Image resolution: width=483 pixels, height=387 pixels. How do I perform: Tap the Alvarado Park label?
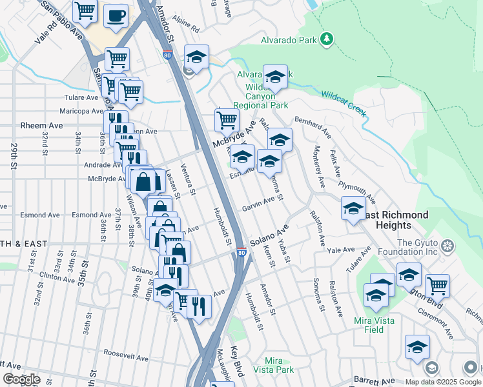click(x=289, y=40)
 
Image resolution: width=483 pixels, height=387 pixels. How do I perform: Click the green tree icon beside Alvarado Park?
click(x=327, y=39)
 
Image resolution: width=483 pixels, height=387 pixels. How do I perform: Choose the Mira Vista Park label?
click(x=280, y=365)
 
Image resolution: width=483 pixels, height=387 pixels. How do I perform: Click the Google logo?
click(x=21, y=379)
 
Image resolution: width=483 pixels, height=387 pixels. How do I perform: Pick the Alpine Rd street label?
click(x=185, y=28)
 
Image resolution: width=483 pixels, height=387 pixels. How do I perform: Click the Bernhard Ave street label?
click(x=313, y=128)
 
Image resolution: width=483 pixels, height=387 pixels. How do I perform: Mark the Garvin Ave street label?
click(x=258, y=208)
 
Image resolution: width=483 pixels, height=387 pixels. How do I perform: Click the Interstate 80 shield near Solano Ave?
click(x=241, y=252)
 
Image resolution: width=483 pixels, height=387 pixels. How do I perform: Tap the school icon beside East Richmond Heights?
click(x=353, y=209)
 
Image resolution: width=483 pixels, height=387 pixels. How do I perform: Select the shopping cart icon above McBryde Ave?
click(x=227, y=119)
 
